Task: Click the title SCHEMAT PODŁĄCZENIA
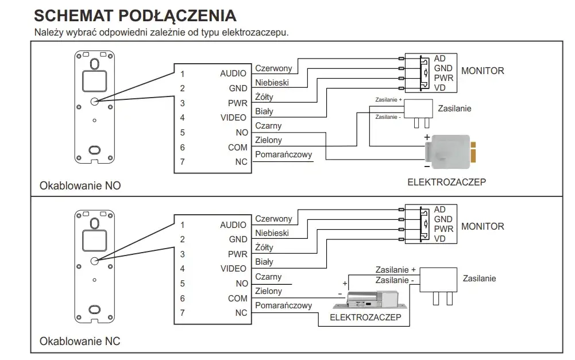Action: coord(136,16)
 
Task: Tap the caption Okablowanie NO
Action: coord(80,185)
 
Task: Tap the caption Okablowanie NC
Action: coord(80,341)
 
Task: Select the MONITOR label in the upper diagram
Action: coord(483,71)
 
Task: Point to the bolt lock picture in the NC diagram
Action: coord(371,300)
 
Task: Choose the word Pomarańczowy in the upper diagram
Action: coord(283,154)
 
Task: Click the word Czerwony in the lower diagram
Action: coord(273,219)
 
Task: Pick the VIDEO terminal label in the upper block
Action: coord(233,118)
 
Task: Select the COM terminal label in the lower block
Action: coord(238,299)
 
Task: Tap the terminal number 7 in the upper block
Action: coord(182,162)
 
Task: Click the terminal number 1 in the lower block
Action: coord(182,224)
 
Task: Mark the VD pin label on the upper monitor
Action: coord(439,88)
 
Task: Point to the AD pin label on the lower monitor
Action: coord(439,210)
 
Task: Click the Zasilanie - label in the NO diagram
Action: coord(388,117)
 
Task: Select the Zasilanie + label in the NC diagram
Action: coord(396,270)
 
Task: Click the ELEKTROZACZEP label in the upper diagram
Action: coord(447,182)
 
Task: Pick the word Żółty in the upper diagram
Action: coord(264,97)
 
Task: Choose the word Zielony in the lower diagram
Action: coord(268,291)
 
